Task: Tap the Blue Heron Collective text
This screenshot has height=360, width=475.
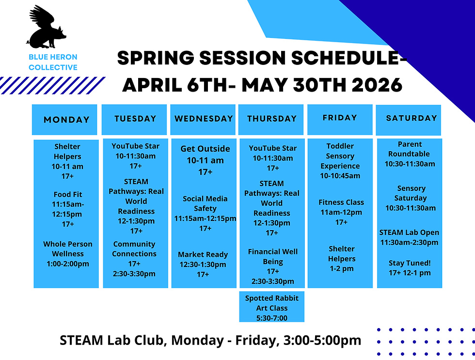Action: pos(53,63)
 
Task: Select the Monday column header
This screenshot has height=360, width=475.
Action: pos(66,120)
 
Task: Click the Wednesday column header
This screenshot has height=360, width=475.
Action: pos(204,119)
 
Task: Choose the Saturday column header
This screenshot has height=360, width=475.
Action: pos(411,118)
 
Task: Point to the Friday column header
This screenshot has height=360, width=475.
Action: pos(340,118)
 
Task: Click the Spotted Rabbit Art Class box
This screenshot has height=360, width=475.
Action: pos(272,308)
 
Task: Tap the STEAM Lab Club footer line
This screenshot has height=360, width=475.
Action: pos(210,340)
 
